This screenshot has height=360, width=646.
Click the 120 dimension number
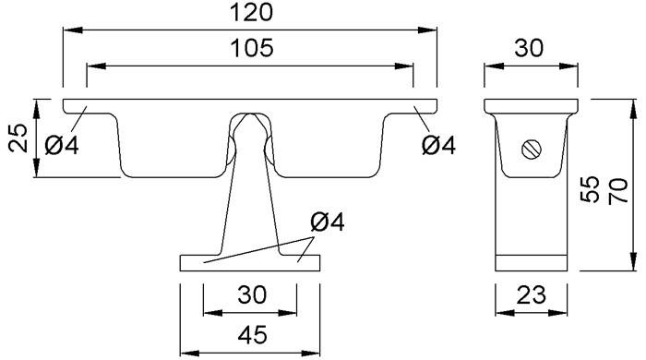(x=251, y=12)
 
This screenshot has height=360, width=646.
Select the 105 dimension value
(x=251, y=48)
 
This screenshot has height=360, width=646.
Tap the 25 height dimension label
(x=18, y=138)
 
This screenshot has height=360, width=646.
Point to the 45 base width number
(x=252, y=334)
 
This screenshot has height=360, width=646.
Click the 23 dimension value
(x=532, y=294)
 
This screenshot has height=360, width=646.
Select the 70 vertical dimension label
(x=618, y=190)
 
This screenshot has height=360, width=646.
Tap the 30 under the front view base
(x=252, y=294)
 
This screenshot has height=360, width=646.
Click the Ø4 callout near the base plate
(x=328, y=222)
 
